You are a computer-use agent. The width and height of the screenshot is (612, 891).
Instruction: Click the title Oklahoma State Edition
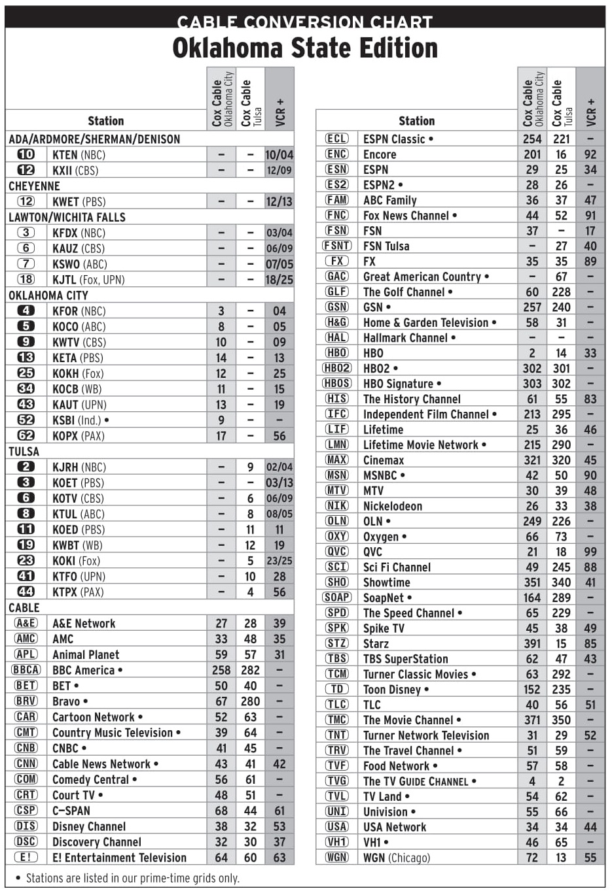tap(305, 48)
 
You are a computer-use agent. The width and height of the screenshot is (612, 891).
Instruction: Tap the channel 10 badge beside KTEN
tap(26, 154)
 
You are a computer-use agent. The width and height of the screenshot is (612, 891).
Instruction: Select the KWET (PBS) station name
tap(79, 201)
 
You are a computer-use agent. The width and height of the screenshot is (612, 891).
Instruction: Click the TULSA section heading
tap(24, 451)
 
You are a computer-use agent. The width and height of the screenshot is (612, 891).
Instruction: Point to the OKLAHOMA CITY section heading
tap(48, 295)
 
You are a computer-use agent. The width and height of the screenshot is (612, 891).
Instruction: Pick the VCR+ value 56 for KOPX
tap(279, 436)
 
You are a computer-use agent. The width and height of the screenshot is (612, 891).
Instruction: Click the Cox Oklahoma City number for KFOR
tap(221, 311)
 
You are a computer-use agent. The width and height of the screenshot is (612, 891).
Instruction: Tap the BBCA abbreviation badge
tap(26, 670)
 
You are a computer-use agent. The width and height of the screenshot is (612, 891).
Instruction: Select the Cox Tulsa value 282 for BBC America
tap(250, 670)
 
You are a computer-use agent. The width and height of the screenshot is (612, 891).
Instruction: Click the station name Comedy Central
tap(91, 779)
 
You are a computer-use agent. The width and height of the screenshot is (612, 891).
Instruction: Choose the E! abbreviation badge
tap(26, 857)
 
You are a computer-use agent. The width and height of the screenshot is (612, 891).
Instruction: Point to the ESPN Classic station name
tap(394, 139)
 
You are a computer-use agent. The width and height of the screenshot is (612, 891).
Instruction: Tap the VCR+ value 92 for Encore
tap(590, 154)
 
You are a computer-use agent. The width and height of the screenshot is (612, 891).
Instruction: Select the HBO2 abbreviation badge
tap(337, 368)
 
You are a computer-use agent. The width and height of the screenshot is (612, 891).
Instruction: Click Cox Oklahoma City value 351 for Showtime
tap(532, 582)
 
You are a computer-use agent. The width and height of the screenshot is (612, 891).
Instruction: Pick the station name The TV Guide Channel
tap(416, 781)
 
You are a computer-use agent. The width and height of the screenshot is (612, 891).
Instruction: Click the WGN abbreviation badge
tap(337, 857)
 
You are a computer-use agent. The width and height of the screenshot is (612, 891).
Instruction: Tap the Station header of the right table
tap(416, 121)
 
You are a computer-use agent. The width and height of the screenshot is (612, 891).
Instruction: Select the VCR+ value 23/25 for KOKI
tap(279, 561)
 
